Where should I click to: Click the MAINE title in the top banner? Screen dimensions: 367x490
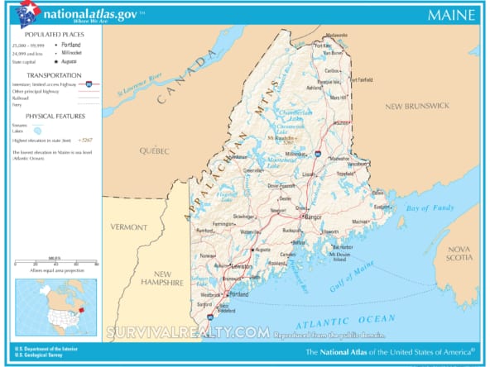pyautogui.click(x=451, y=14)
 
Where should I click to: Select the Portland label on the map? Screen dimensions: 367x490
pyautogui.click(x=239, y=294)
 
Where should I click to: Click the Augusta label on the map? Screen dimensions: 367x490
pyautogui.click(x=262, y=249)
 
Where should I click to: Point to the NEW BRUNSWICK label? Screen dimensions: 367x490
pyautogui.click(x=416, y=106)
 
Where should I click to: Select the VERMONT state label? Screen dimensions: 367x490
pyautogui.click(x=130, y=226)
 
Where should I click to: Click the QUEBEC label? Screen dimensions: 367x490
pyautogui.click(x=153, y=151)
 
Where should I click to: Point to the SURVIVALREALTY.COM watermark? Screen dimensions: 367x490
pyautogui.click(x=186, y=331)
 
